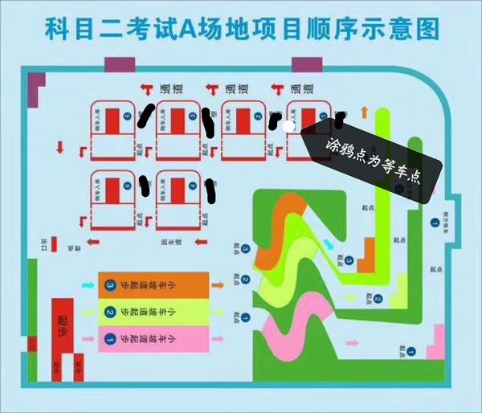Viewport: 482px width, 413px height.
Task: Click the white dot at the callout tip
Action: pyautogui.click(x=289, y=125)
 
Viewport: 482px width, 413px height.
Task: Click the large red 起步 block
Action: pyautogui.click(x=63, y=321)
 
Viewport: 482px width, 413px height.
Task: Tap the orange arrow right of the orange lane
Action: pyautogui.click(x=218, y=284)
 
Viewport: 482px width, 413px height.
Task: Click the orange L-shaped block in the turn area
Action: pyautogui.click(x=357, y=242)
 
